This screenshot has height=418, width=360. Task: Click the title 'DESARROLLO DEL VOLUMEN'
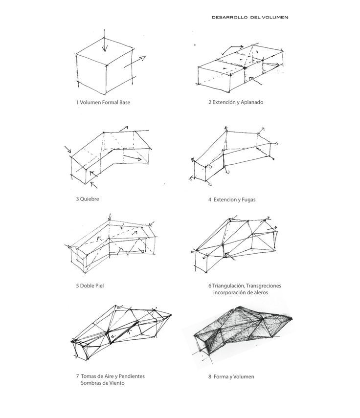click(250, 17)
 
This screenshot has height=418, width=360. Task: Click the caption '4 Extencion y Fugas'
click(232, 199)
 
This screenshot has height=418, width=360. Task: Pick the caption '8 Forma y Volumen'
click(231, 377)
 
